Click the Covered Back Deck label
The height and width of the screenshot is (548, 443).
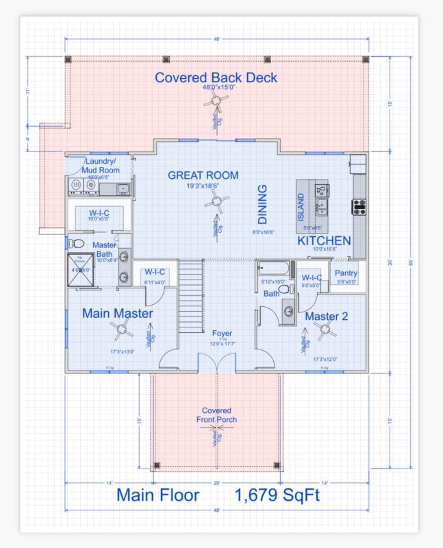tap(216, 77)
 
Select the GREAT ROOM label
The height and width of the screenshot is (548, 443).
tap(203, 175)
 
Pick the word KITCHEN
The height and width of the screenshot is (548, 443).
tap(324, 241)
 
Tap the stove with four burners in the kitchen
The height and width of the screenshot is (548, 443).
tap(358, 206)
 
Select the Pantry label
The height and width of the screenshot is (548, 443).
tap(346, 273)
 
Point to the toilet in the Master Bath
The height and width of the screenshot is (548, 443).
tap(78, 244)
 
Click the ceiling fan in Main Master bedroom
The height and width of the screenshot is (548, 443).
tap(121, 331)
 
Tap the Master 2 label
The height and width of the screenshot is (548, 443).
tap(326, 316)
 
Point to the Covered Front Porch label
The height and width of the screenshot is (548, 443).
tap(216, 415)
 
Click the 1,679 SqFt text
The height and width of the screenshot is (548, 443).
tap(277, 495)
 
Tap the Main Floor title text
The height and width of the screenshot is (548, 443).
tap(157, 495)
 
